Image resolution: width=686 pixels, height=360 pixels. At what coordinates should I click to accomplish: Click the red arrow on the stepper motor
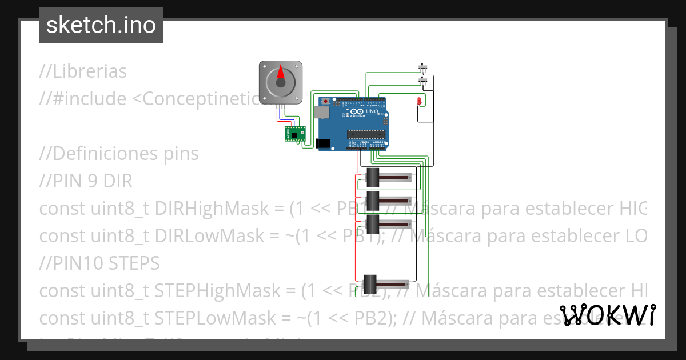[x=281, y=73]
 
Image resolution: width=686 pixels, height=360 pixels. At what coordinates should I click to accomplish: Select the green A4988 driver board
[x=296, y=134]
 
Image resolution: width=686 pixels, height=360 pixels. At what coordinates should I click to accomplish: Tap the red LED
[x=419, y=101]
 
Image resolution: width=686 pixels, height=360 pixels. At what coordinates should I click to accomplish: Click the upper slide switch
[x=424, y=67]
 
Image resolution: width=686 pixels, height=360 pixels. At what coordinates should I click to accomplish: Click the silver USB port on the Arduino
[x=323, y=114]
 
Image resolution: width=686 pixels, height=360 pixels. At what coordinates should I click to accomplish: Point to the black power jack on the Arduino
[x=324, y=143]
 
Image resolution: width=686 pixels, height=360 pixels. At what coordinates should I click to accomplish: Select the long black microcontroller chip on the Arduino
[x=364, y=135]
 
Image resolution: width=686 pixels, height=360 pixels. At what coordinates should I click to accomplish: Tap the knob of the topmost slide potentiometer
[x=373, y=178]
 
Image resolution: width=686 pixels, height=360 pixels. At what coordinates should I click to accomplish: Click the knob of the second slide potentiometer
[x=373, y=201]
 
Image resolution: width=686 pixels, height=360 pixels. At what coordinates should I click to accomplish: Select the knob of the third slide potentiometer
[x=373, y=223]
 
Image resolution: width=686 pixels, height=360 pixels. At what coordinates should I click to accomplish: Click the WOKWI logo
[x=608, y=315]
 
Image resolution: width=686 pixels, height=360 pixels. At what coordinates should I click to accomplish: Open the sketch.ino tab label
[x=101, y=25]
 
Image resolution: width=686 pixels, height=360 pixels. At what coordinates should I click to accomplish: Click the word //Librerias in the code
[x=83, y=71]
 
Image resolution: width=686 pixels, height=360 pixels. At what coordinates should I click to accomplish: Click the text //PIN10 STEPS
[x=99, y=263]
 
